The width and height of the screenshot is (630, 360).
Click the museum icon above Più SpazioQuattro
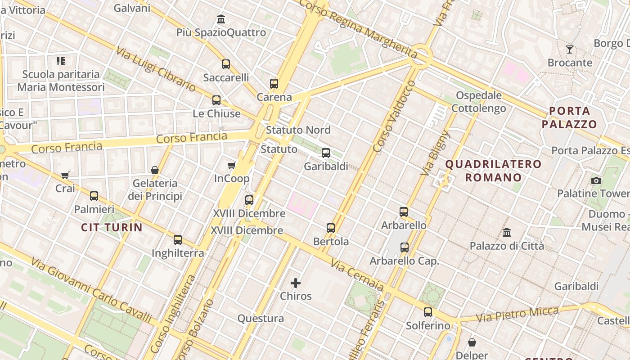coord(221,19)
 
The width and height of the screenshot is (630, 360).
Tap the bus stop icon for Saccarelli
coord(226,64)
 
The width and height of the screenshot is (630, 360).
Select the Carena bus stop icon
coord(274,84)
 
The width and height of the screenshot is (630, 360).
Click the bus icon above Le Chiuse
coord(216,100)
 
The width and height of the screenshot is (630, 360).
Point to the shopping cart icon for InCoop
coord(232,166)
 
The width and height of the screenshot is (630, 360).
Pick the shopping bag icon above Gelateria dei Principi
coord(155,170)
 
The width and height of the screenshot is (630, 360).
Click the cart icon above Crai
coord(65,175)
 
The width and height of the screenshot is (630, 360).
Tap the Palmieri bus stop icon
coord(94,196)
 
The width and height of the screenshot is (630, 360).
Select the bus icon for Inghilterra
coord(178,240)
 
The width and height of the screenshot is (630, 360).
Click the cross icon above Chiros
coord(296,283)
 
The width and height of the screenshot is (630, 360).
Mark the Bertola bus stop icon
coord(331,228)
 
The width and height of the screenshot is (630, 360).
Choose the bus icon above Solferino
coord(428,312)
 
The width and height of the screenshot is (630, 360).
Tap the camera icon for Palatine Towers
coord(596,180)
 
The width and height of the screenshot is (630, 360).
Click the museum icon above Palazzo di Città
coord(507,233)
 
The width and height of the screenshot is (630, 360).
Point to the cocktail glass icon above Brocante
coord(570,49)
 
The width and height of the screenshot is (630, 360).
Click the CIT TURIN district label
coord(112,228)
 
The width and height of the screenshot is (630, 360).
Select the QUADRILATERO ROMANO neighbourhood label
coord(493,171)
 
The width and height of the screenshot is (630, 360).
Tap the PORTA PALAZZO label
coord(569,117)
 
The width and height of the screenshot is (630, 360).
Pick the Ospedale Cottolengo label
coord(479,102)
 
